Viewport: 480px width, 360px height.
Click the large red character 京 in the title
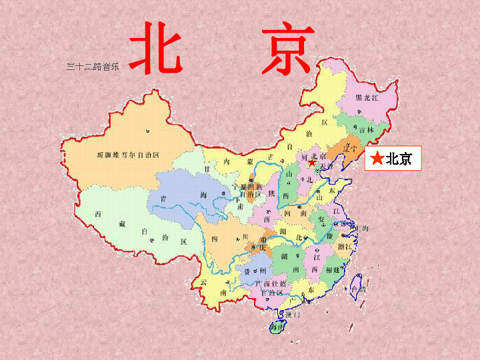[x=287, y=48]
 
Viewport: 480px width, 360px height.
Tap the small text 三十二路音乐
[x=93, y=67]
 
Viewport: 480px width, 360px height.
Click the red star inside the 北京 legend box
[x=377, y=159]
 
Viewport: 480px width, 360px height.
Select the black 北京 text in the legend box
[x=399, y=159]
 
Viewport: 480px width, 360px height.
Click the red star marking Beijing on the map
[x=311, y=162]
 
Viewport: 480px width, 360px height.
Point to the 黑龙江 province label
[x=366, y=98]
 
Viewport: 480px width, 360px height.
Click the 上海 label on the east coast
[x=363, y=229]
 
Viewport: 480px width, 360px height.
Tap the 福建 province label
[x=333, y=269]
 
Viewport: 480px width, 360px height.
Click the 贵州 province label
[x=255, y=271]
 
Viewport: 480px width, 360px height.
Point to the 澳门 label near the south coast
[x=294, y=314]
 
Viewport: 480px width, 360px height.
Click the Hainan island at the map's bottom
[x=275, y=327]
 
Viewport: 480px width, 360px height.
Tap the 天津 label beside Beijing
[x=326, y=165]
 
